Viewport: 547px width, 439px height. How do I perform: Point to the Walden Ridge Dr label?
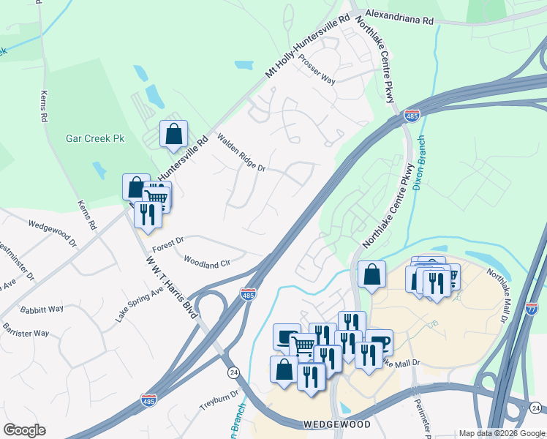[x=241, y=153]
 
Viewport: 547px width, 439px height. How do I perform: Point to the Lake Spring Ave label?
[x=139, y=304]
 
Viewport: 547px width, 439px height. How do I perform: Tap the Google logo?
[x=24, y=430]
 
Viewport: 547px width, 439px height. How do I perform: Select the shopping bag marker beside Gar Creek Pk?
[x=173, y=134]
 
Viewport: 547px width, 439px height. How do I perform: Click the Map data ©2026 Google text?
[x=502, y=433]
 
